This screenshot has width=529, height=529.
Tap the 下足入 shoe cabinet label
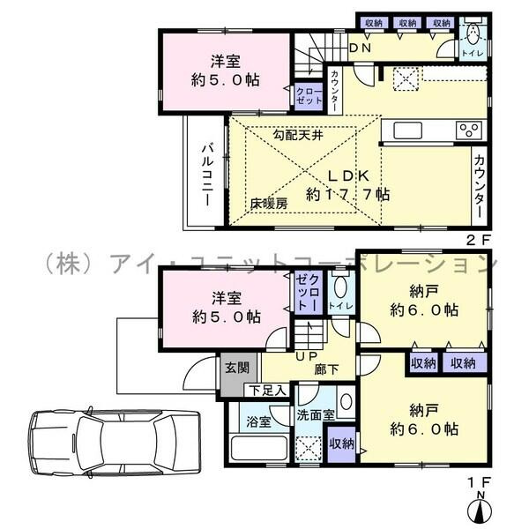(265, 390)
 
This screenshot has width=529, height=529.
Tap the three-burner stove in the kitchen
(468, 130)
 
